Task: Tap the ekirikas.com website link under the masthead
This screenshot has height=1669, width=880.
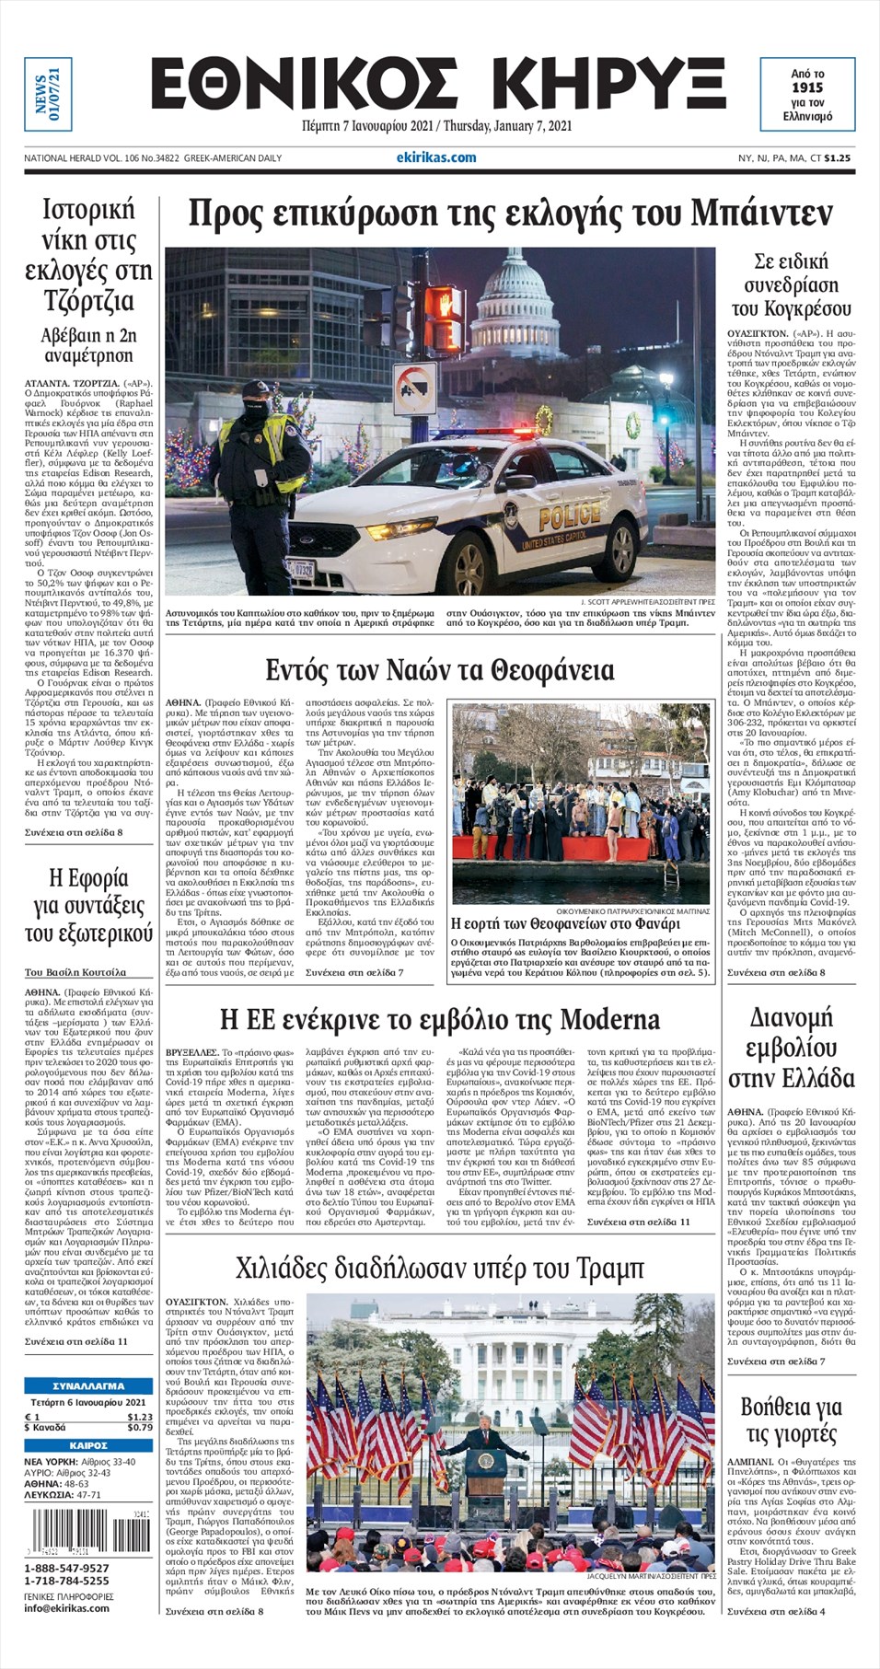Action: pos(436,157)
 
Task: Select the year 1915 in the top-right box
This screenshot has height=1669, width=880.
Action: pos(806,87)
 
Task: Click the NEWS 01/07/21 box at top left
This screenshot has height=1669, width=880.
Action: pos(47,94)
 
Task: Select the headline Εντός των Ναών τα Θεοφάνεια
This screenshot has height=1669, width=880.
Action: pos(439,669)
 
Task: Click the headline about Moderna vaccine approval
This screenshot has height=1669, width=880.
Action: pos(440,1019)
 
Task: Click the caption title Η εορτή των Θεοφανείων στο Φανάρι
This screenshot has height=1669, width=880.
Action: pos(565,923)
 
